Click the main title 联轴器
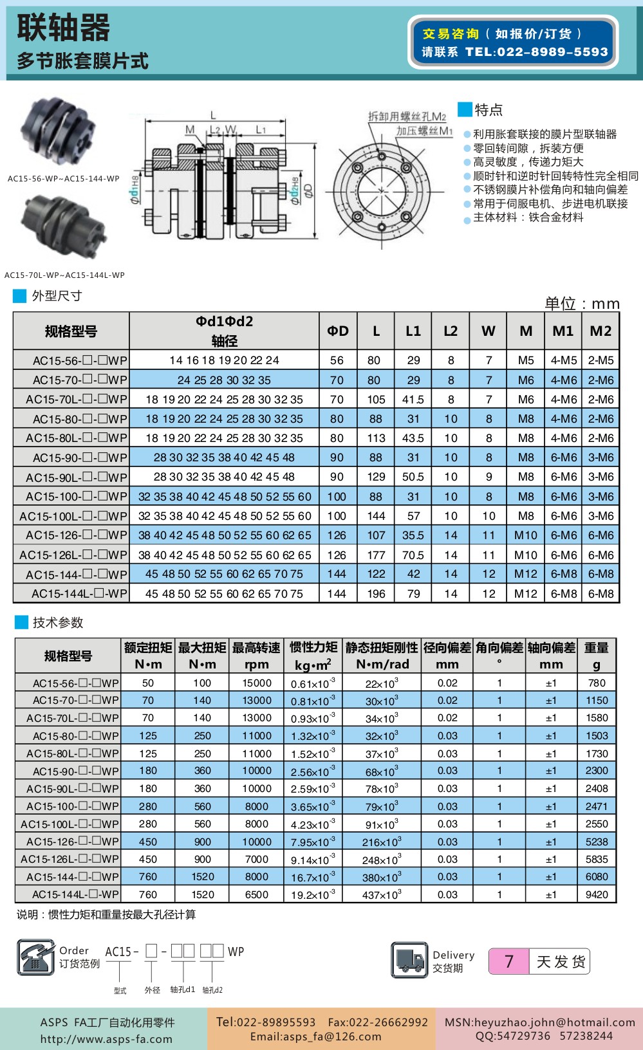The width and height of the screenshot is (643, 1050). [63, 28]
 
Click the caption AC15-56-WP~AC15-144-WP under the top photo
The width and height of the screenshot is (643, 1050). [64, 179]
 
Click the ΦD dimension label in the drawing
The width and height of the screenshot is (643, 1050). [308, 191]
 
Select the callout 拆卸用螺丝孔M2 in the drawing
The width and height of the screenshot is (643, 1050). [407, 116]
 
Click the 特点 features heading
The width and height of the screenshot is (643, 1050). [488, 110]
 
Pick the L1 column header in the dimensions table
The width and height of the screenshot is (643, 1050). [413, 331]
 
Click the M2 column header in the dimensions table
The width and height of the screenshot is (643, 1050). [601, 331]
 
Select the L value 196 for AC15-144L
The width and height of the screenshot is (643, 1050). [376, 594]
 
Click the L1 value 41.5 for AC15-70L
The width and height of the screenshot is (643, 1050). [413, 400]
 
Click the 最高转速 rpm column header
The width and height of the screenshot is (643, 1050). [256, 656]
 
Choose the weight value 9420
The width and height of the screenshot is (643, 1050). [597, 894]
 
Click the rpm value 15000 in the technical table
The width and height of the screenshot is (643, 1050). [257, 683]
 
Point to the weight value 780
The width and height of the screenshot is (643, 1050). [597, 683]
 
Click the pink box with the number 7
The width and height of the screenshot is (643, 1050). [509, 962]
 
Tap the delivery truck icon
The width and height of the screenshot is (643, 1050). [409, 960]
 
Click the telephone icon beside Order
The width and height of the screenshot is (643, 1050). [35, 957]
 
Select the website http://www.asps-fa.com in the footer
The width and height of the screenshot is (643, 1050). [106, 1038]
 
